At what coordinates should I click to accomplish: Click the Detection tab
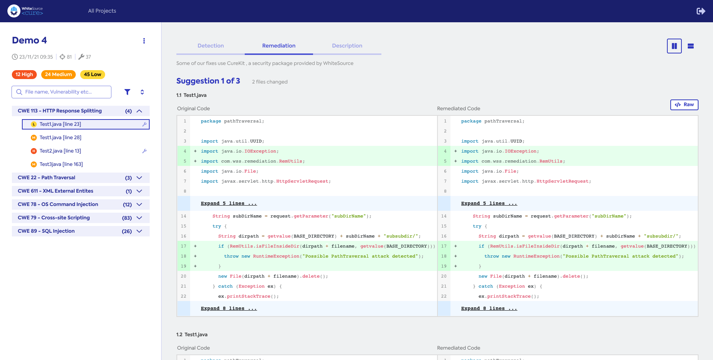pyautogui.click(x=211, y=46)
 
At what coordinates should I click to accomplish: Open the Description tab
pyautogui.click(x=347, y=46)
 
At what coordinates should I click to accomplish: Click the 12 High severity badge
pyautogui.click(x=24, y=74)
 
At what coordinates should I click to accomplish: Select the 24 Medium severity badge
pyautogui.click(x=58, y=74)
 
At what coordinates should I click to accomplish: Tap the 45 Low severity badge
pyautogui.click(x=92, y=74)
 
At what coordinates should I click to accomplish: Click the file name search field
pyautogui.click(x=65, y=92)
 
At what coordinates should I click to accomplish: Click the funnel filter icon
pyautogui.click(x=127, y=92)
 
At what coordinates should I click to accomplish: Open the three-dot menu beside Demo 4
pyautogui.click(x=144, y=41)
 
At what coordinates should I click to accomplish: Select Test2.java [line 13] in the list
pyautogui.click(x=60, y=151)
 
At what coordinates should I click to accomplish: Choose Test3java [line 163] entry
pyautogui.click(x=61, y=164)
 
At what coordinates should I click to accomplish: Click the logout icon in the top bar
pyautogui.click(x=700, y=11)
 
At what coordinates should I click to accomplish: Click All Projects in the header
pyautogui.click(x=102, y=11)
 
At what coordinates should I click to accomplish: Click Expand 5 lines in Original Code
pyautogui.click(x=229, y=203)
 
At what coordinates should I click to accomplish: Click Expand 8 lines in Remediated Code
pyautogui.click(x=489, y=308)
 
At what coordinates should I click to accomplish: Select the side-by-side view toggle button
pyautogui.click(x=674, y=46)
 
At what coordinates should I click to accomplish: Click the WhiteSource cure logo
pyautogui.click(x=25, y=11)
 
